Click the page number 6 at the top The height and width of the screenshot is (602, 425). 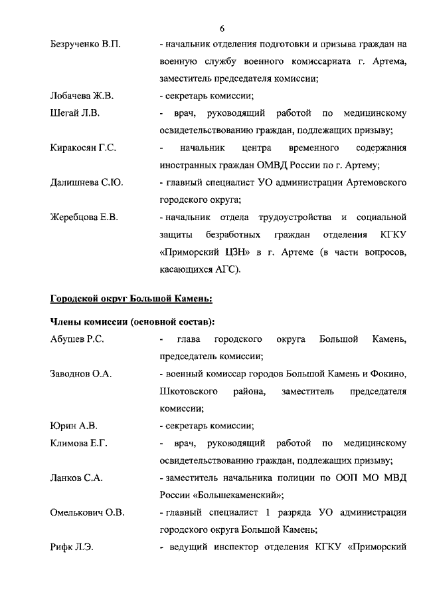click(222, 28)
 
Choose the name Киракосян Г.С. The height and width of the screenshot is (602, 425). click(83, 148)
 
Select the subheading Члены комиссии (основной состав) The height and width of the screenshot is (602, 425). click(132, 323)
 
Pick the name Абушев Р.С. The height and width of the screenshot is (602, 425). click(77, 340)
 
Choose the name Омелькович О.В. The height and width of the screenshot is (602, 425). click(87, 513)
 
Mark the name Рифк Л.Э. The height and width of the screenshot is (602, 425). click(72, 547)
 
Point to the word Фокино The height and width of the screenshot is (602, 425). click(386, 375)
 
